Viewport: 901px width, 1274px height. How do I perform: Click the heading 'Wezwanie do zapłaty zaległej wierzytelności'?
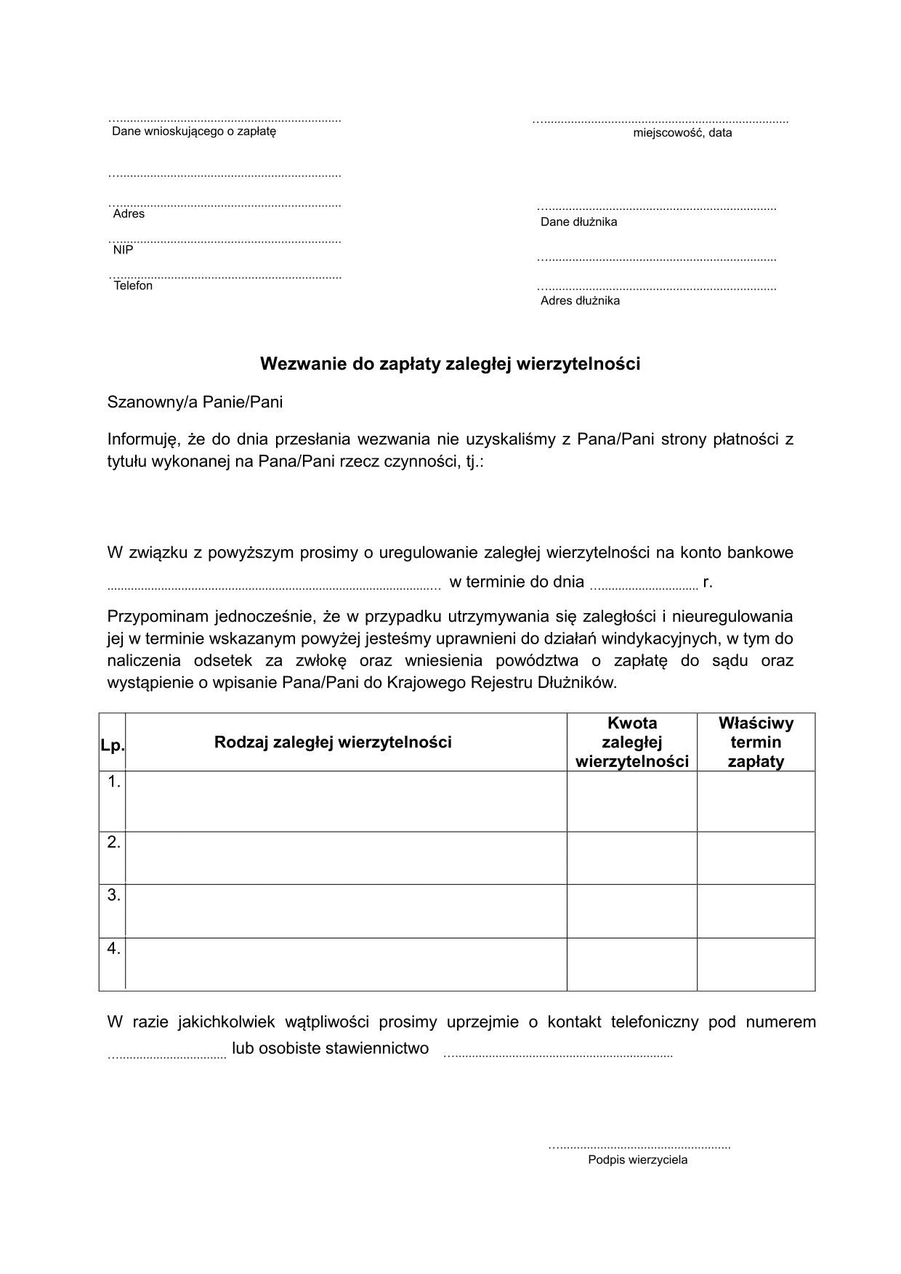pos(450,364)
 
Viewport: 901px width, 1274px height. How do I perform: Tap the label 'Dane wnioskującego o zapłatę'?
pos(194,131)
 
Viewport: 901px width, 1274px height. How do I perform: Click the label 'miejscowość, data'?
pos(682,133)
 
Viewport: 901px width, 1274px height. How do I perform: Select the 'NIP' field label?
pos(123,250)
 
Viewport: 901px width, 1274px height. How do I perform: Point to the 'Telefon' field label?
pos(133,285)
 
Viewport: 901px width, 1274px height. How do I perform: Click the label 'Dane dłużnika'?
pos(578,222)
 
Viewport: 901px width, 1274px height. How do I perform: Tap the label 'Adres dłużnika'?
pos(580,301)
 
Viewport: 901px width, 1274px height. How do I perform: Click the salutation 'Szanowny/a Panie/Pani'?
pos(195,402)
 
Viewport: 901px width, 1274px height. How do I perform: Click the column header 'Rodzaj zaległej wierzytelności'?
pos(333,742)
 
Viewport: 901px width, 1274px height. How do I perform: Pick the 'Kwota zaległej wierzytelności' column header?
pos(631,742)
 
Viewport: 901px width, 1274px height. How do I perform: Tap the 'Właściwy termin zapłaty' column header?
pos(756,742)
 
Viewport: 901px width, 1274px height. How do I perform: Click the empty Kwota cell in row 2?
pos(631,858)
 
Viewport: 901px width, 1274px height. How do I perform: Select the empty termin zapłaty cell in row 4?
pos(756,964)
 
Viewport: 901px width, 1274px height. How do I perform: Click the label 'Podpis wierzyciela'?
pos(637,1160)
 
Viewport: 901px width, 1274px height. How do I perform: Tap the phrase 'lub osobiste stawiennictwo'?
pos(330,1048)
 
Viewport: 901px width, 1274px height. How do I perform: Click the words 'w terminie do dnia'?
pos(517,581)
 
